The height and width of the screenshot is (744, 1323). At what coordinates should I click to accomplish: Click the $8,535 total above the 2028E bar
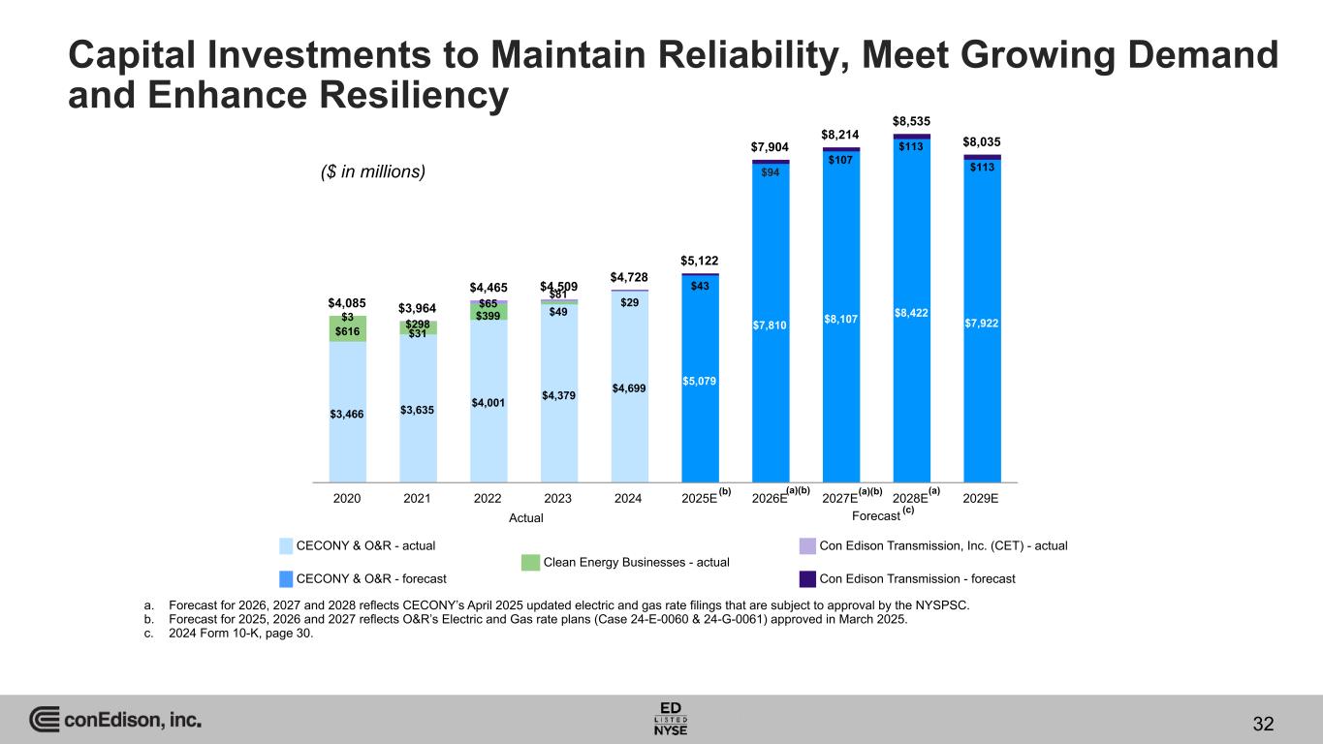click(x=911, y=122)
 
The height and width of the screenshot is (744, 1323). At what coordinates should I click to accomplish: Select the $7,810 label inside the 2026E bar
click(x=771, y=324)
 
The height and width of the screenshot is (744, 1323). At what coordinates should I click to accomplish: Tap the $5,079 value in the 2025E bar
click(x=700, y=381)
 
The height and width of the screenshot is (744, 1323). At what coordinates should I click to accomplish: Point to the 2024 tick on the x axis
click(x=629, y=498)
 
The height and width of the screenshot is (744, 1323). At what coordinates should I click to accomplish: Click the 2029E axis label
click(x=982, y=498)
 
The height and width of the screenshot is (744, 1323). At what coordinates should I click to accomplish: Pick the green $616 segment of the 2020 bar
click(x=347, y=331)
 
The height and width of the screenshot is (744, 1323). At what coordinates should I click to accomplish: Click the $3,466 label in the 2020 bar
click(x=347, y=415)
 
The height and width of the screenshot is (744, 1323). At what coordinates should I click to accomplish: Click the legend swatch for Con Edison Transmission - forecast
click(x=806, y=578)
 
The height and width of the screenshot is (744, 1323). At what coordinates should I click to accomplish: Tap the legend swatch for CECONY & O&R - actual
click(x=287, y=545)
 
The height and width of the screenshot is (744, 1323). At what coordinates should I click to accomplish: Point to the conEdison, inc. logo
click(x=115, y=721)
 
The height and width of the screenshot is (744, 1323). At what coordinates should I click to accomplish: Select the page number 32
click(x=1262, y=723)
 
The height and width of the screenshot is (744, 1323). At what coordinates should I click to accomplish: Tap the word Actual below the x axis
click(x=526, y=518)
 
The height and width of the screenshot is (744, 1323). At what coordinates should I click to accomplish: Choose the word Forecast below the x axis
click(x=875, y=517)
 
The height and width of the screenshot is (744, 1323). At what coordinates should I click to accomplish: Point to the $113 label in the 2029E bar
click(x=982, y=167)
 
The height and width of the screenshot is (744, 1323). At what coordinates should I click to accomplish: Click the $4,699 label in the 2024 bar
click(x=629, y=388)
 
